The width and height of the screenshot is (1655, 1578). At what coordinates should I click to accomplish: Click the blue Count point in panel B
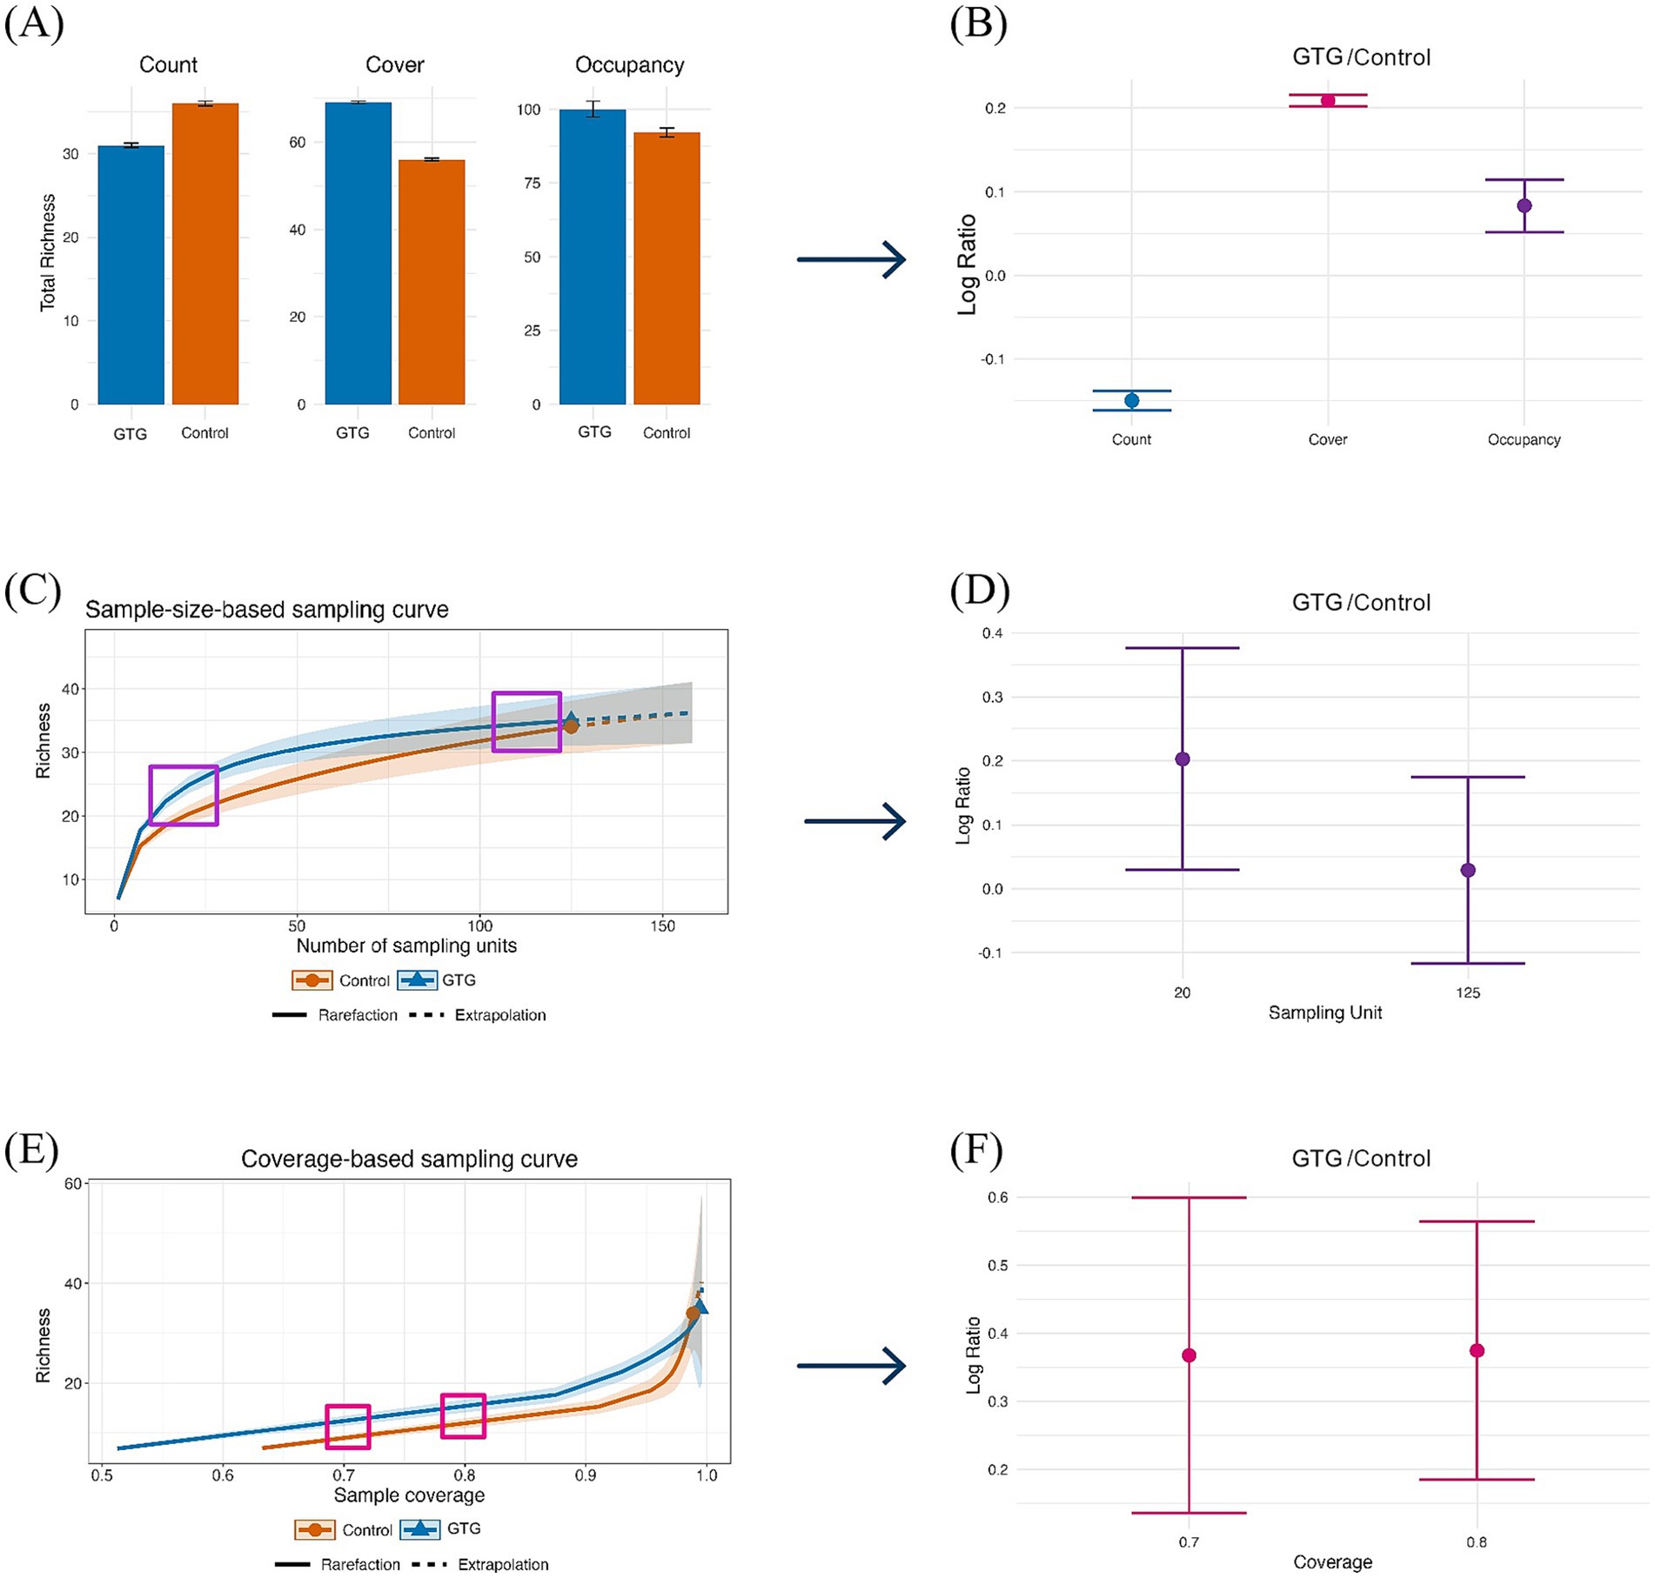(x=1131, y=400)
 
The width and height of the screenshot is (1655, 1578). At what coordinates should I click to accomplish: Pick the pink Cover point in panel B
(x=1328, y=101)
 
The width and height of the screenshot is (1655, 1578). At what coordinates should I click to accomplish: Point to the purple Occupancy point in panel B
(x=1524, y=206)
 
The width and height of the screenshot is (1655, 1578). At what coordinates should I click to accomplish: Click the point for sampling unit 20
(x=1183, y=759)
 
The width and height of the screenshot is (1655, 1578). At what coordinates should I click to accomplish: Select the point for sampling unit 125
(x=1468, y=870)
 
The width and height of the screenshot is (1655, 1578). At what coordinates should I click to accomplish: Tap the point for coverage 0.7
(x=1189, y=1355)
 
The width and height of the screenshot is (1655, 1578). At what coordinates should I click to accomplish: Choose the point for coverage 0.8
(x=1477, y=1351)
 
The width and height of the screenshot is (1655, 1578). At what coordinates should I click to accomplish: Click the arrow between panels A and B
(x=851, y=259)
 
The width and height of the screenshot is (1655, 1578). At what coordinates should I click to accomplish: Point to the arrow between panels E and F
(x=851, y=1366)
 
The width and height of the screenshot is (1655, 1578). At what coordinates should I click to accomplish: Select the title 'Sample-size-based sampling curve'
(x=266, y=610)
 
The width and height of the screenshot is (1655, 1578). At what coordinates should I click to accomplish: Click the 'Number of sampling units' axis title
(x=406, y=946)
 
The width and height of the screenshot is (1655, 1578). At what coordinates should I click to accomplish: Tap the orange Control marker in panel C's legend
(x=312, y=980)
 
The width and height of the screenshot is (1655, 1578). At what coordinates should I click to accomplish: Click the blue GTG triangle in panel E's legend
(x=420, y=1528)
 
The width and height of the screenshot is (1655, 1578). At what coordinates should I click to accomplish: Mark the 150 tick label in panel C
(x=662, y=926)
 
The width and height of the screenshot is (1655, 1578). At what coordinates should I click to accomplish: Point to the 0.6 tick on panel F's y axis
(x=997, y=1197)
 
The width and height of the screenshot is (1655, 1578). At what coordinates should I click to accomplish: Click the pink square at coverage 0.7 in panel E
(x=348, y=1427)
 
